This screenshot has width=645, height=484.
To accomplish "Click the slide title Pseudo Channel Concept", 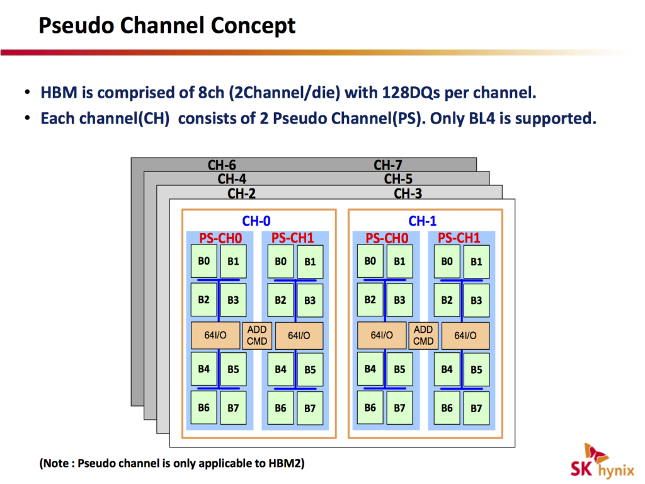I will [x=167, y=26].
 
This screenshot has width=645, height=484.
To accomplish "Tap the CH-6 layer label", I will [x=222, y=165].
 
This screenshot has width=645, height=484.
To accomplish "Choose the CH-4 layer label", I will [x=232, y=179].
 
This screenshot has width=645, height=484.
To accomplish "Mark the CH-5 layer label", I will [x=398, y=179].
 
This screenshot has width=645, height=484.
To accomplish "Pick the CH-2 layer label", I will [x=242, y=193].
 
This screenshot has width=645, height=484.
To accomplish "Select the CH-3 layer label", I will [x=408, y=193].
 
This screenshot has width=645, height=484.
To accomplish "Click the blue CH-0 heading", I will [x=256, y=221].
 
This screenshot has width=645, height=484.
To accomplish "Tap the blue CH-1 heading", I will [x=423, y=221].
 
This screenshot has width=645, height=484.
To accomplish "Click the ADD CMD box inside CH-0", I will [x=257, y=335].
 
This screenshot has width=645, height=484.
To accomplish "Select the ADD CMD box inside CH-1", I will [x=423, y=335].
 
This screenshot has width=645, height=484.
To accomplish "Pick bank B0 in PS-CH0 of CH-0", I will [x=204, y=262].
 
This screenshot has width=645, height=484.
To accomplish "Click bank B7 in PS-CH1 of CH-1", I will [x=476, y=408].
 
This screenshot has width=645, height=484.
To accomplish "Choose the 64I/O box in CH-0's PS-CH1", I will [x=299, y=336].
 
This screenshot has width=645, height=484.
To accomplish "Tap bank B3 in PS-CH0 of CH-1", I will [x=400, y=301].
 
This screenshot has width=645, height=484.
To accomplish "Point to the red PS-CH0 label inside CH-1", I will [x=387, y=238].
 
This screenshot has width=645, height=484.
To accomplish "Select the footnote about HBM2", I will [x=172, y=464].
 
